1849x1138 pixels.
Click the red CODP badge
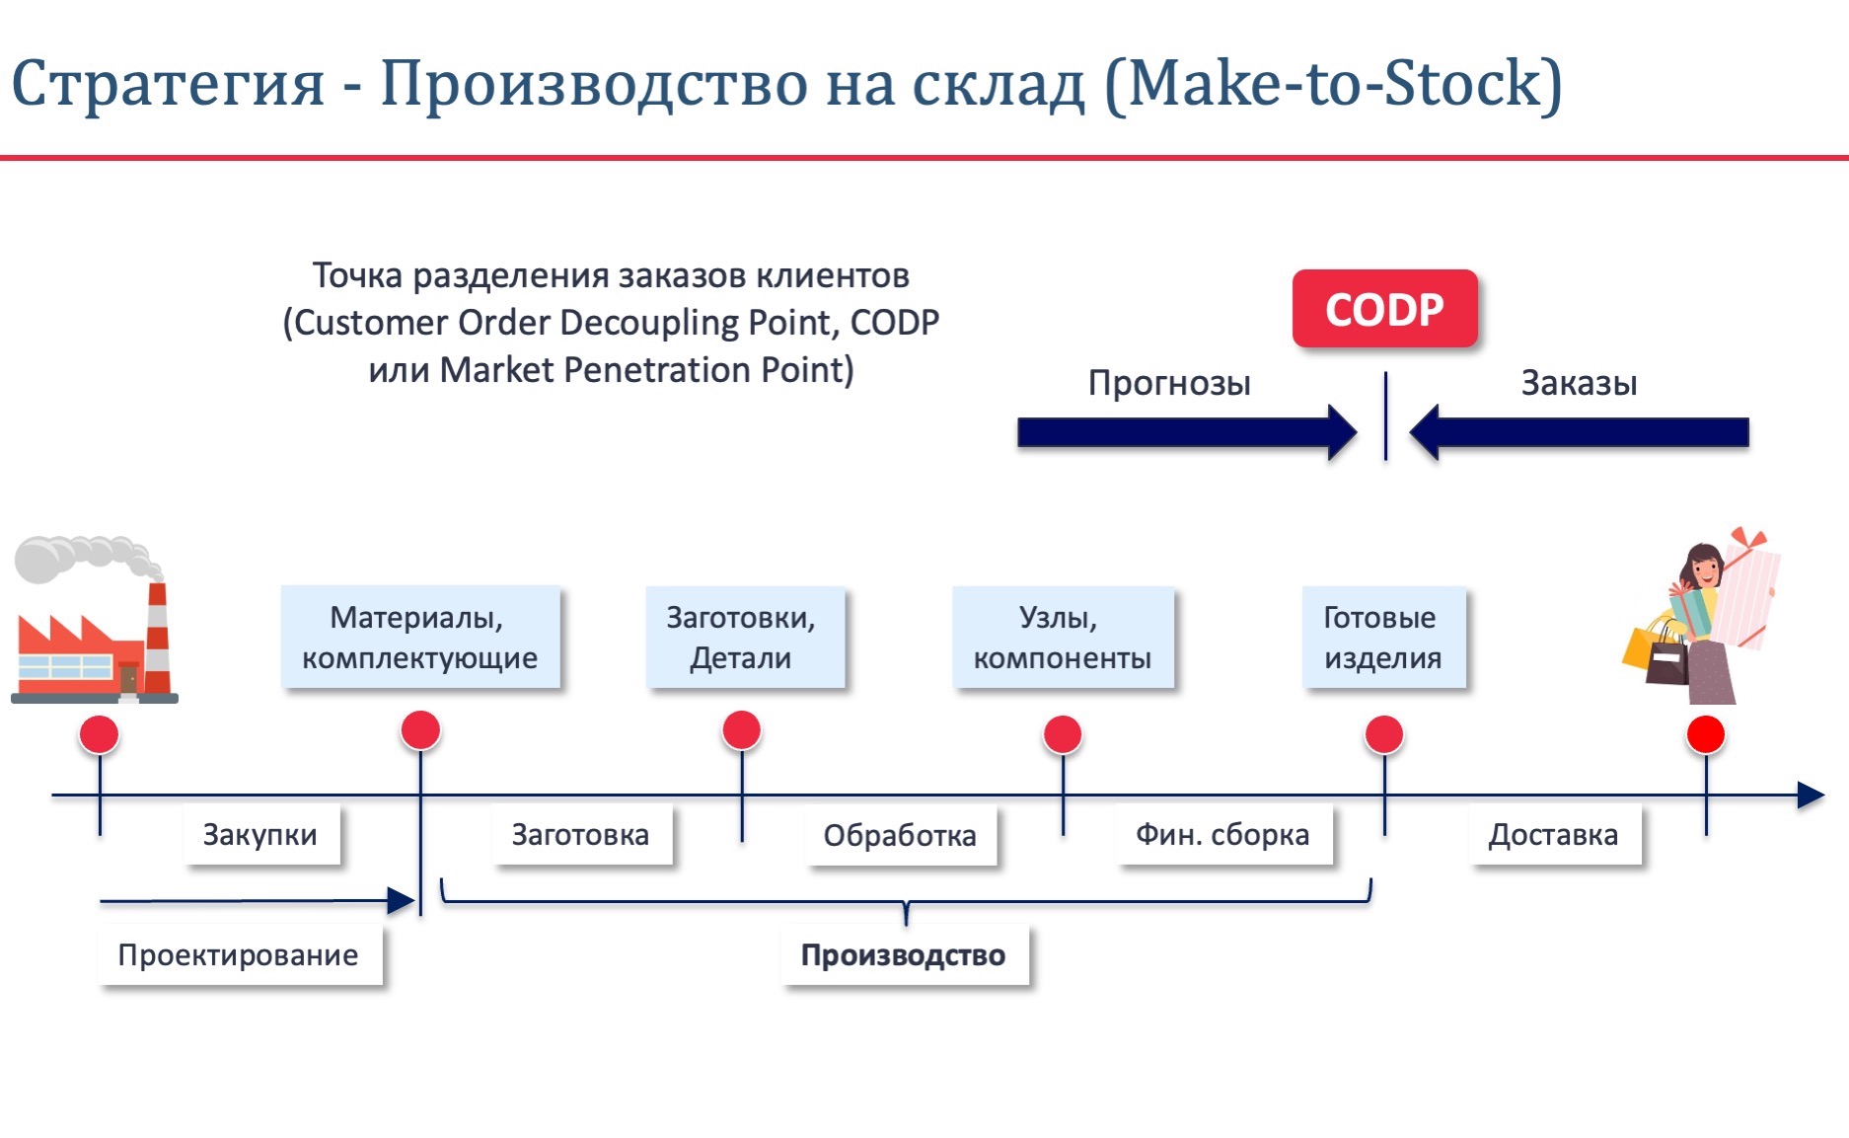(x=1384, y=309)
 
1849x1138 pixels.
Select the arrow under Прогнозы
(x=1187, y=432)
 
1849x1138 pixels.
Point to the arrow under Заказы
(x=1579, y=432)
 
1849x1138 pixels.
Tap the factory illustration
(x=94, y=620)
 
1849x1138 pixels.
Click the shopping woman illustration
(x=1701, y=616)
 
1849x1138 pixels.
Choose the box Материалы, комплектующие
(x=420, y=637)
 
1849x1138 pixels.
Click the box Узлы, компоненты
(x=1063, y=637)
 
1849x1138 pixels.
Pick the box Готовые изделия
(x=1383, y=637)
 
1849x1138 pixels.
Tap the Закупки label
(x=261, y=835)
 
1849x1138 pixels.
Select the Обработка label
(x=901, y=836)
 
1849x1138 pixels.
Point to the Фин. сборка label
(x=1223, y=835)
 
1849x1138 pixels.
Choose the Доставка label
(x=1554, y=835)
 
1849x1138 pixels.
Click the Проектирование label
(x=239, y=954)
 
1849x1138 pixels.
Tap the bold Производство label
(x=904, y=954)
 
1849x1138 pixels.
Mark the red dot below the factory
(x=100, y=735)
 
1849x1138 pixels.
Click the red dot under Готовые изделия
(x=1384, y=735)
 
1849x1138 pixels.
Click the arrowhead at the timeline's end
(x=1812, y=796)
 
